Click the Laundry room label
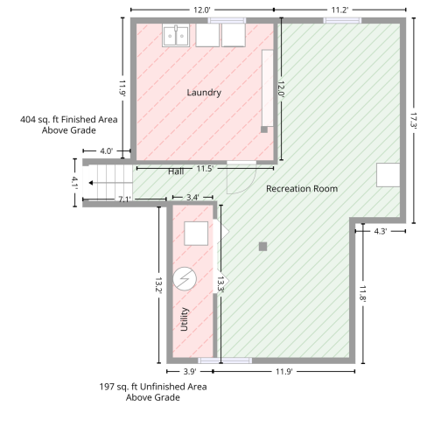pos(204,93)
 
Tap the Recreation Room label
pos(302,189)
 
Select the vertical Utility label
pos(184,319)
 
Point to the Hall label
pos(176,171)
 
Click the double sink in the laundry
pos(176,36)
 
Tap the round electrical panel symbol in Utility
pos(185,279)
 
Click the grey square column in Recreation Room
pos(262,247)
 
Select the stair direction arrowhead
pos(91,183)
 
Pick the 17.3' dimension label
pos(414,121)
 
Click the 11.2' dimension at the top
pos(339,10)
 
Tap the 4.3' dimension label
pos(381,231)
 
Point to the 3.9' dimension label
pos(190,372)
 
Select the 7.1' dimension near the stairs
pos(124,199)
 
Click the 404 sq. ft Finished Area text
pos(69,120)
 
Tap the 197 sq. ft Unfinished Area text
pos(153,387)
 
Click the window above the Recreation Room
pos(342,20)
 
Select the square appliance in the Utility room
pos(196,234)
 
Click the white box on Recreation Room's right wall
pos(388,175)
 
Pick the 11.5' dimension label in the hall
pos(205,169)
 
